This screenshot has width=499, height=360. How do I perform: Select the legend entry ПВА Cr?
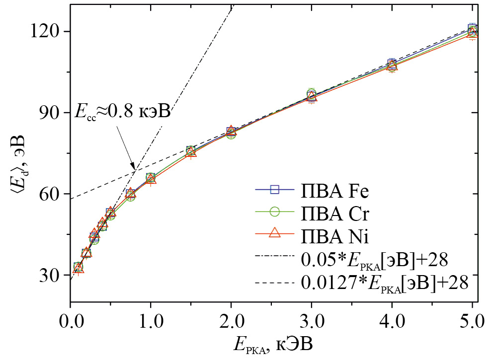point(333,213)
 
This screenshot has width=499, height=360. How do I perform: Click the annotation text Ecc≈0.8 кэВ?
point(122,111)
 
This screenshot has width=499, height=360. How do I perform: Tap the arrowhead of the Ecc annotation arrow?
point(133,167)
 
